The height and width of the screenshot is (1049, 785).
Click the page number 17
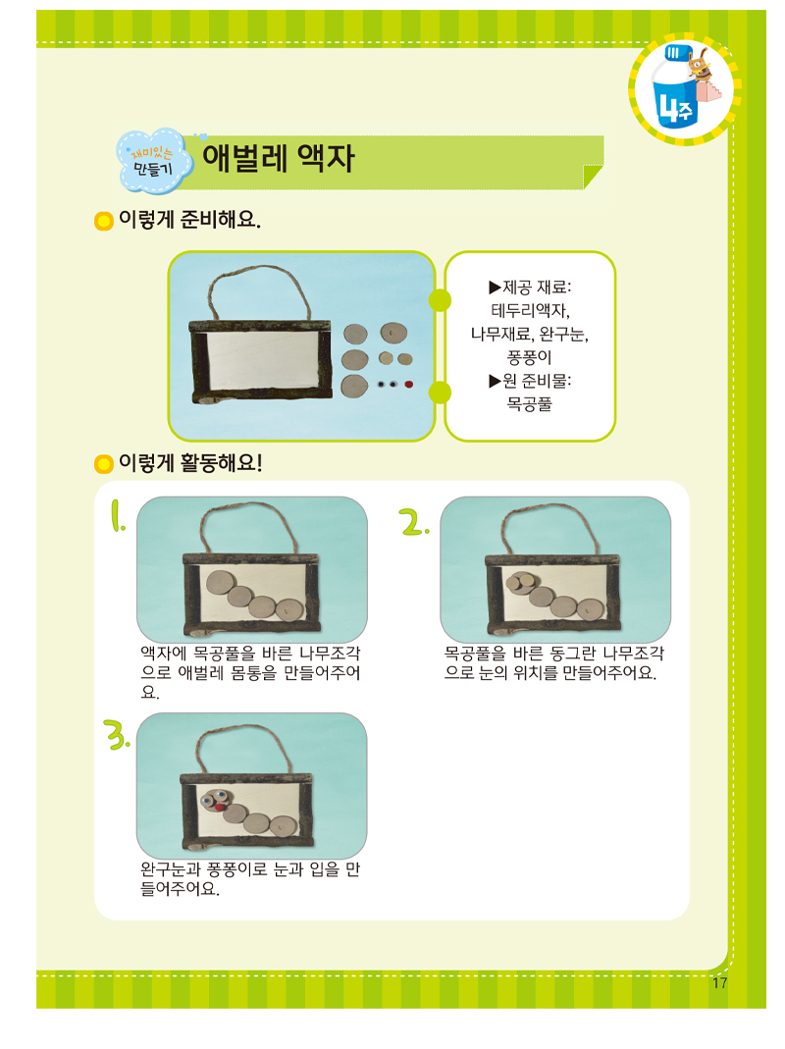(719, 984)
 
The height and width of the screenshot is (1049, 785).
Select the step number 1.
(118, 517)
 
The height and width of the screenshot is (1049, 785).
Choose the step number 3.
(117, 733)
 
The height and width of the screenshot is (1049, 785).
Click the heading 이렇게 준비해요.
(189, 220)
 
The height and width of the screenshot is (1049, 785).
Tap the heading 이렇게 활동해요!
(190, 462)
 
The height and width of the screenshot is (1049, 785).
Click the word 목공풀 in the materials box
(530, 402)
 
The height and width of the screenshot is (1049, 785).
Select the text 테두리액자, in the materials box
(530, 310)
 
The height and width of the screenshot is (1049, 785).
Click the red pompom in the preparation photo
(408, 384)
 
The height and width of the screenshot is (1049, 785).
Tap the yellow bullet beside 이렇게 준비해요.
(103, 222)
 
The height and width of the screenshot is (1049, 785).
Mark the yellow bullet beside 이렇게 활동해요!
(103, 463)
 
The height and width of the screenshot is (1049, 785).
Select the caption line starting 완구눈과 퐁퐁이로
(250, 870)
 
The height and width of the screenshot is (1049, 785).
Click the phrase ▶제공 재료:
(530, 288)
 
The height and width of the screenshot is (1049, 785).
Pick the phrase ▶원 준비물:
(530, 380)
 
